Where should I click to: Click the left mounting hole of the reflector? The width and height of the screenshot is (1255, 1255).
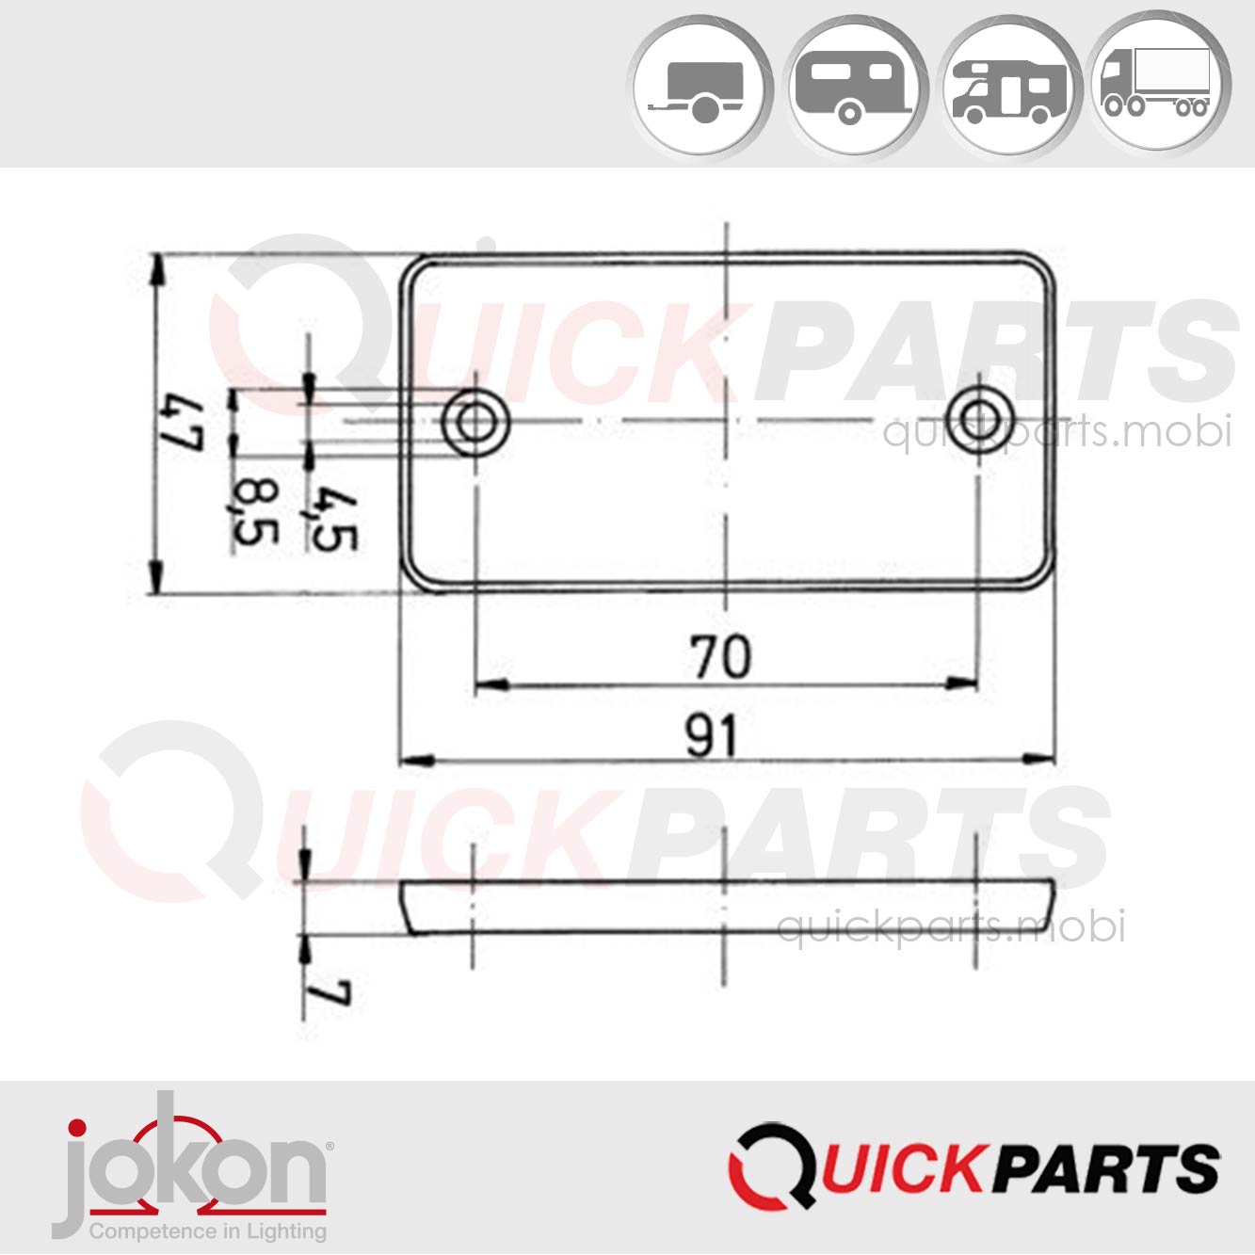tap(476, 422)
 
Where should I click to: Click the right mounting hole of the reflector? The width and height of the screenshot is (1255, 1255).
tap(979, 415)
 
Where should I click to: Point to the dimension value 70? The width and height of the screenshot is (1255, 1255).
tap(721, 656)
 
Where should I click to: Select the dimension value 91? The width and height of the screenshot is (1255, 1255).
tap(712, 735)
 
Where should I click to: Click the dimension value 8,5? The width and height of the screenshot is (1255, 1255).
tap(255, 512)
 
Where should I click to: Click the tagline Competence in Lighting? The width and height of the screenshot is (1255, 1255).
tap(207, 1231)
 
